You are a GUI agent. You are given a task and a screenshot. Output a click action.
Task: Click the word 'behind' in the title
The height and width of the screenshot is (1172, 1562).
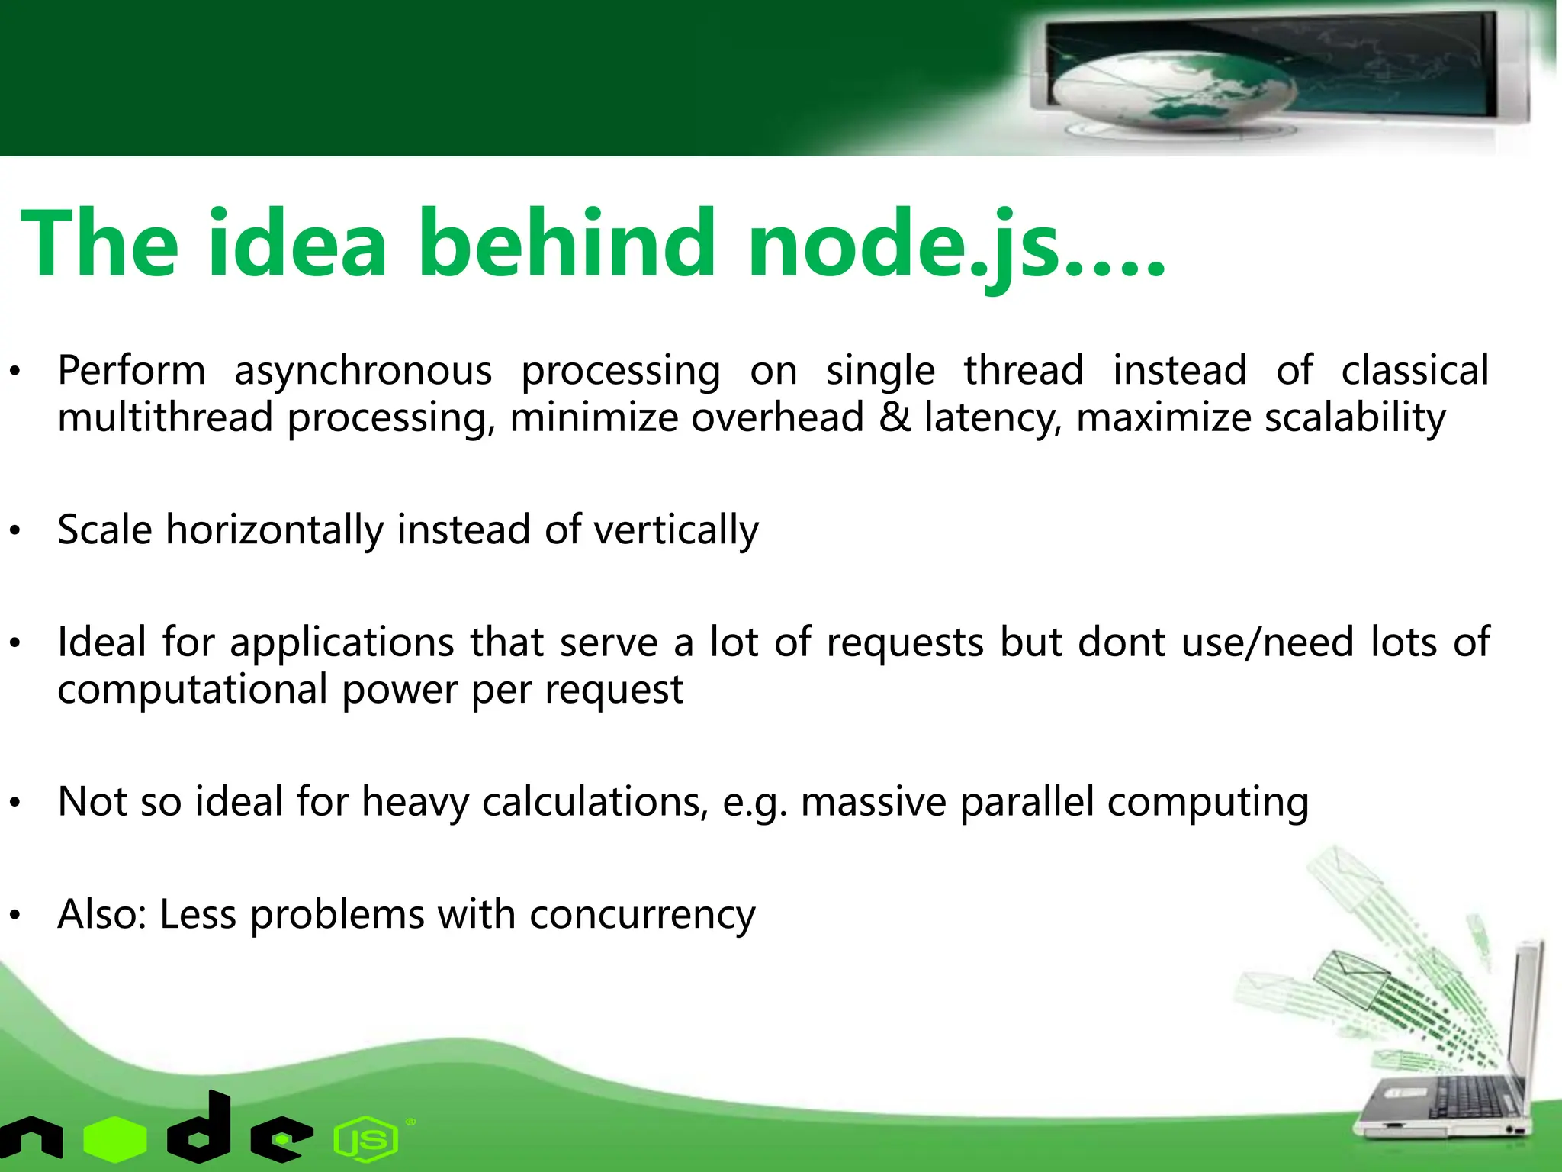566,244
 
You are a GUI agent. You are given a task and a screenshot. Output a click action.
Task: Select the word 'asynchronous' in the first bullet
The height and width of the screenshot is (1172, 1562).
363,372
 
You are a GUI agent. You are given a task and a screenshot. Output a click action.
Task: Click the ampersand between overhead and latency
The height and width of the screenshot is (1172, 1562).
895,418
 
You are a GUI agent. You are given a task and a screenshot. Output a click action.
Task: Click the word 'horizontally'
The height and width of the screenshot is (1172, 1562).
275,530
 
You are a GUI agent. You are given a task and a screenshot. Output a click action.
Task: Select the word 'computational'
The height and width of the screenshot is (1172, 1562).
193,690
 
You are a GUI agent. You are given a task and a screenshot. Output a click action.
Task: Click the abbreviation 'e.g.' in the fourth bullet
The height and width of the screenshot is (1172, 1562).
754,803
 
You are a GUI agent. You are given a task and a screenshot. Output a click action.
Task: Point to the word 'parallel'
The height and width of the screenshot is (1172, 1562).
1027,803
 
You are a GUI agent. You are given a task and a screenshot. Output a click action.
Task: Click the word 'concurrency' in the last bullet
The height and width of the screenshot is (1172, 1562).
642,914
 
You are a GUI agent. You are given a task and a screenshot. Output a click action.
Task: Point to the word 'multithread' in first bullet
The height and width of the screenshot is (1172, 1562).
165,418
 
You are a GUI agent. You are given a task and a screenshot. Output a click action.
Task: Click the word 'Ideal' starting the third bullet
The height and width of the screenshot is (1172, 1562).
101,642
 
